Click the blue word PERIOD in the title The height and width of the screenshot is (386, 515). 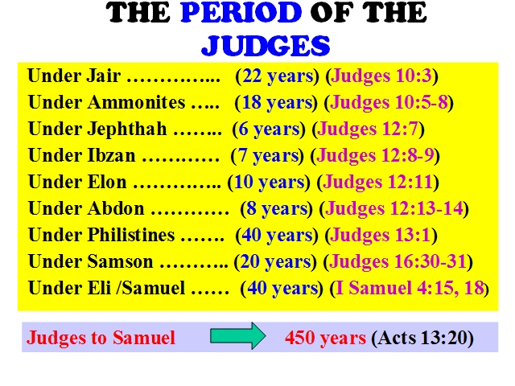point(241,13)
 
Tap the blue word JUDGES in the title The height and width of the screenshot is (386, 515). point(266,45)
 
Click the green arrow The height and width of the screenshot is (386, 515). point(238,336)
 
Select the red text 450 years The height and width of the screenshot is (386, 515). point(325,338)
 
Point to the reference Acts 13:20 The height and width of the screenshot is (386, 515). point(422,338)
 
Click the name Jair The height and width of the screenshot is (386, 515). point(104,76)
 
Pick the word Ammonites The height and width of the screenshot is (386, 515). point(136,102)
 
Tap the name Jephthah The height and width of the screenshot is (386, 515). point(127,129)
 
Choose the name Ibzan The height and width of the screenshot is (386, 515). point(111,155)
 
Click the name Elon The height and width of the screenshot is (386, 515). point(107,182)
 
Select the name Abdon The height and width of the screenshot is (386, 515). point(116,208)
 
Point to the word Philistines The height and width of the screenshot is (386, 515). point(130,235)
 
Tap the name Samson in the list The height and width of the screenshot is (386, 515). point(120,261)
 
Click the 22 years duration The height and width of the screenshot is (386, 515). point(278,76)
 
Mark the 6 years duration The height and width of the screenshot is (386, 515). point(269,129)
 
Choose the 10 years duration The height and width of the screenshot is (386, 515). point(269,183)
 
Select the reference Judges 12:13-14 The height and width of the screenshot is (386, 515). point(393,209)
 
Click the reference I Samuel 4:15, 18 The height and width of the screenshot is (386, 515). point(410,288)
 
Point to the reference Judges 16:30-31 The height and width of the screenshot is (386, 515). point(398,262)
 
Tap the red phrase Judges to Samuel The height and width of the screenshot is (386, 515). point(101,338)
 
